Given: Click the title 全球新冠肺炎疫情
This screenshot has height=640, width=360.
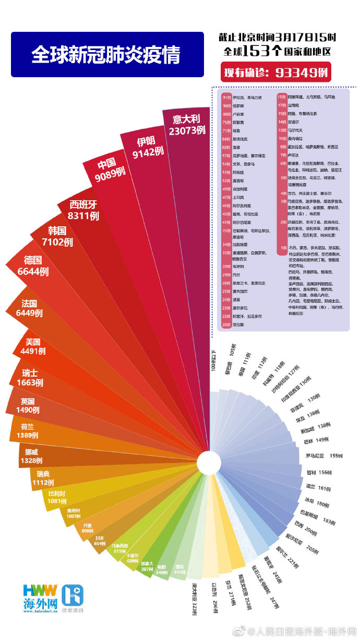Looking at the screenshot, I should [x=107, y=55].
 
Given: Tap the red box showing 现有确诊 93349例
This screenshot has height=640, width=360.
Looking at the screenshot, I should [x=276, y=71].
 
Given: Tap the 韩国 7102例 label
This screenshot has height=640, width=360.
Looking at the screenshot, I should [x=57, y=236].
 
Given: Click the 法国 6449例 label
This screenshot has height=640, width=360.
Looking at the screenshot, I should [x=29, y=308].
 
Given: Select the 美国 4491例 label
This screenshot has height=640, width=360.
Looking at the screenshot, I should [x=32, y=347].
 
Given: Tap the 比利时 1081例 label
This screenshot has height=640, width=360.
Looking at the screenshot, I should [x=57, y=497].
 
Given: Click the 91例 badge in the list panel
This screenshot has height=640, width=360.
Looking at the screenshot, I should [x=226, y=98].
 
